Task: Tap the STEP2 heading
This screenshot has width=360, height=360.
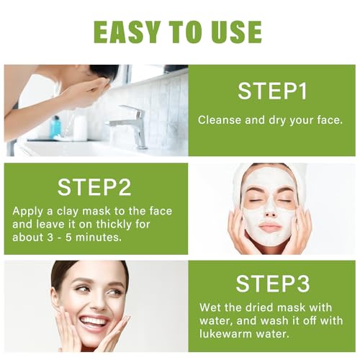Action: [x=95, y=186]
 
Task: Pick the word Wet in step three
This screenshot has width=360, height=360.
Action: [x=210, y=306]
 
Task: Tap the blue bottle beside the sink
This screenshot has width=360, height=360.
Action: [x=55, y=127]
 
